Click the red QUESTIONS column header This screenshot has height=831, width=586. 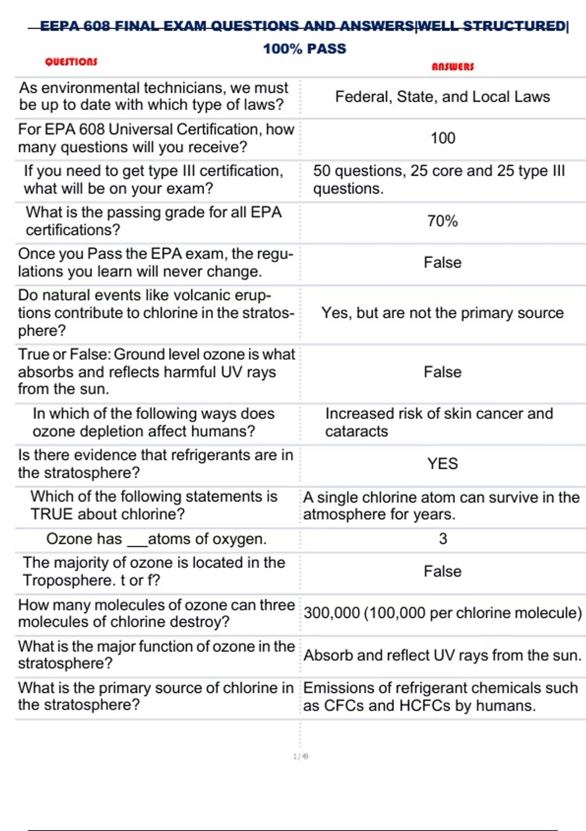[71, 62]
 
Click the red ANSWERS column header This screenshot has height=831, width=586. [453, 66]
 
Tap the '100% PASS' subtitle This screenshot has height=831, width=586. [304, 48]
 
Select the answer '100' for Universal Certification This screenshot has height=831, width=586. [443, 138]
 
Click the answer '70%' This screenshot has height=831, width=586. [442, 221]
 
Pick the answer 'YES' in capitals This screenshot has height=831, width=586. [442, 463]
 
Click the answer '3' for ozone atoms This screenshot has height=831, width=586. [443, 539]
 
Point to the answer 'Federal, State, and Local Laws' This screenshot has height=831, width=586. [442, 97]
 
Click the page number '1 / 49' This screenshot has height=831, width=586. [301, 756]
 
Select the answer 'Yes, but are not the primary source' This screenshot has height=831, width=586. [442, 313]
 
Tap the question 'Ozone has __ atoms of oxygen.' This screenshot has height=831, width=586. [156, 539]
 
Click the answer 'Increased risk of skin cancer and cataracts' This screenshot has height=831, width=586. [439, 422]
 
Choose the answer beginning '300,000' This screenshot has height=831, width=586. [442, 613]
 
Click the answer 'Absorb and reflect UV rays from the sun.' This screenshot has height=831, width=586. [442, 655]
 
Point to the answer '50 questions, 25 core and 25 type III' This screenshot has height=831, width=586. [439, 179]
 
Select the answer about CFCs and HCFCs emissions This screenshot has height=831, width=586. [440, 697]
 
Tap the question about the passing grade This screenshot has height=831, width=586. [154, 221]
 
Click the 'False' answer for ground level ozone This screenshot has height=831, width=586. [442, 372]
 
